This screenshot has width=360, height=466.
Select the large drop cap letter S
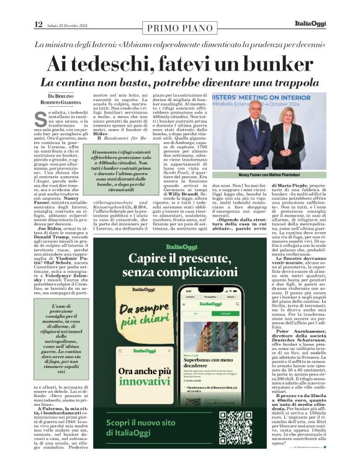click(x=41, y=117)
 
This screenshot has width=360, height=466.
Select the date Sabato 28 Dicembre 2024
click(x=70, y=25)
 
